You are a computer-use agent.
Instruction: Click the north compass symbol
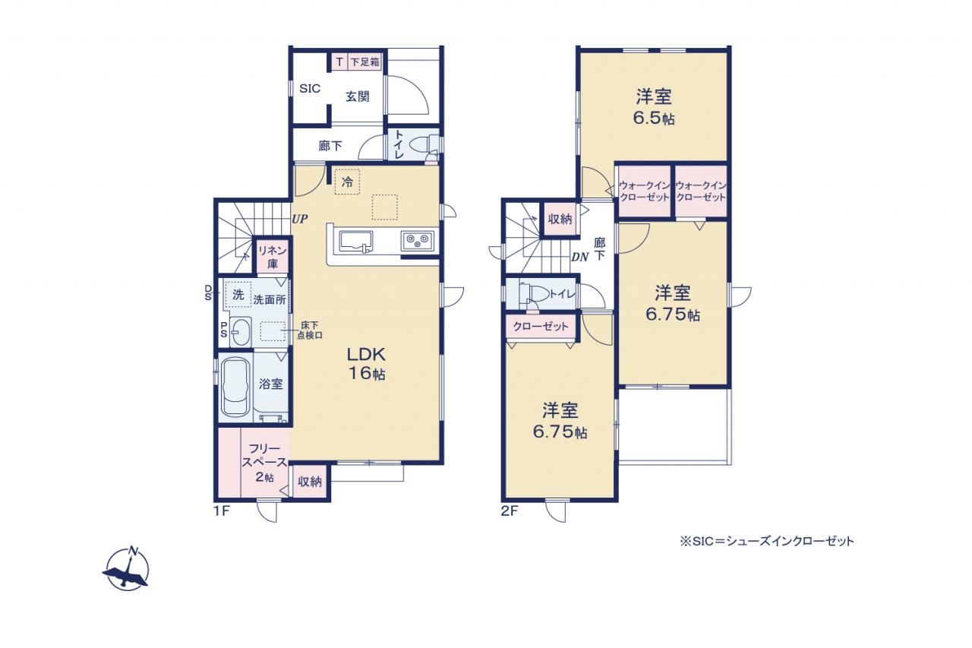point(127,568)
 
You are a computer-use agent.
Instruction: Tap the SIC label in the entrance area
point(310,89)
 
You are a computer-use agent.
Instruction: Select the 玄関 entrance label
point(358,96)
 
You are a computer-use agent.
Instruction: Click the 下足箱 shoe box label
point(365,62)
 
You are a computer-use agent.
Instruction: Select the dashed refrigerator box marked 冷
point(347,182)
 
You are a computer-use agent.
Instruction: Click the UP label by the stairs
point(300,219)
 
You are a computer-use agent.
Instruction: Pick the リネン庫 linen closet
point(273,257)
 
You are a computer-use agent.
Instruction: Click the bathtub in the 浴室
point(236,387)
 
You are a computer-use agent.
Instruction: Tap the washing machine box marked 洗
point(238,295)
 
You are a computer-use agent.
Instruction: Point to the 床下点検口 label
point(309,330)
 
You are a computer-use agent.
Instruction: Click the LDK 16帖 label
point(366,364)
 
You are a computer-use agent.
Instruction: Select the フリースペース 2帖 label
point(264,463)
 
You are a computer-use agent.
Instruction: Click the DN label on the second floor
point(579,258)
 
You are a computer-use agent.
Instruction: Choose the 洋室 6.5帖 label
point(654,107)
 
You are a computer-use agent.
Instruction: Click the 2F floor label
point(510,511)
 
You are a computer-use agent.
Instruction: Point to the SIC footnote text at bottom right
point(767,541)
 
